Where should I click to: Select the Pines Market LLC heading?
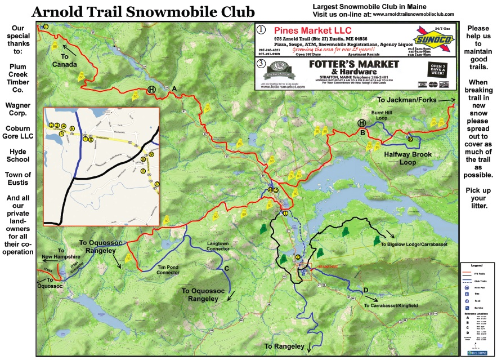tap(312, 29)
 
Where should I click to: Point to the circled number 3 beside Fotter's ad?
tap(260, 64)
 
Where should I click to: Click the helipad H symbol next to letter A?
tap(151, 89)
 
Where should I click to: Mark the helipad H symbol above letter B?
tap(361, 123)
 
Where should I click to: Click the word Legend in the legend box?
tap(476, 265)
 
